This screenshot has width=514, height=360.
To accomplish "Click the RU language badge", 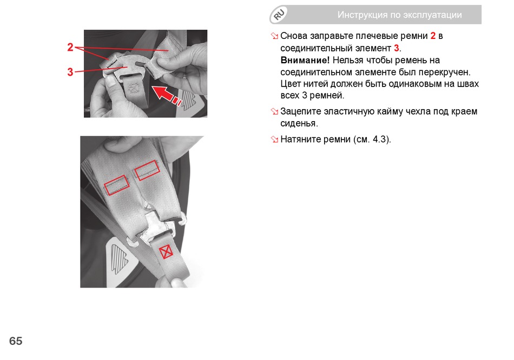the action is tap(279, 15).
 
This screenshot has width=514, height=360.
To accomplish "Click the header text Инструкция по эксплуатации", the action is tap(400, 15).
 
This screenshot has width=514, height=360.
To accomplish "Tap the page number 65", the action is tap(16, 341).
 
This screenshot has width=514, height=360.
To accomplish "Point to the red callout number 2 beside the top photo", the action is tap(70, 47).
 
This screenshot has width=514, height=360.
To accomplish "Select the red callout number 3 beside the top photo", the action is tap(70, 72).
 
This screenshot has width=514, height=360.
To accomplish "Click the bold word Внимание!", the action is tap(305, 61).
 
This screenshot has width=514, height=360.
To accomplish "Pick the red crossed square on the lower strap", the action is tap(166, 251).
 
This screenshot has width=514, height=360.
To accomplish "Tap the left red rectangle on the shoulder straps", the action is tap(117, 185).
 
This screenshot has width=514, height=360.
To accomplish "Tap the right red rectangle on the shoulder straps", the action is tap(147, 170).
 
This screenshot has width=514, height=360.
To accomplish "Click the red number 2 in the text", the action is tap(433, 36).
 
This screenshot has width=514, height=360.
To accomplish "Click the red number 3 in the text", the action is tap(396, 48).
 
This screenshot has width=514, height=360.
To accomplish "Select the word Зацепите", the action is tap(301, 111).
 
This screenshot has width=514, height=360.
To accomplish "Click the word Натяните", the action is tap(301, 139).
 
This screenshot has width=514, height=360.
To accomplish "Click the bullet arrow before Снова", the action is tap(274, 36).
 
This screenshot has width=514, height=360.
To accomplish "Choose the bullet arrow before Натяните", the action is tap(274, 139).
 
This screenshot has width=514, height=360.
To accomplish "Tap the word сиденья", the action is tap(299, 123).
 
